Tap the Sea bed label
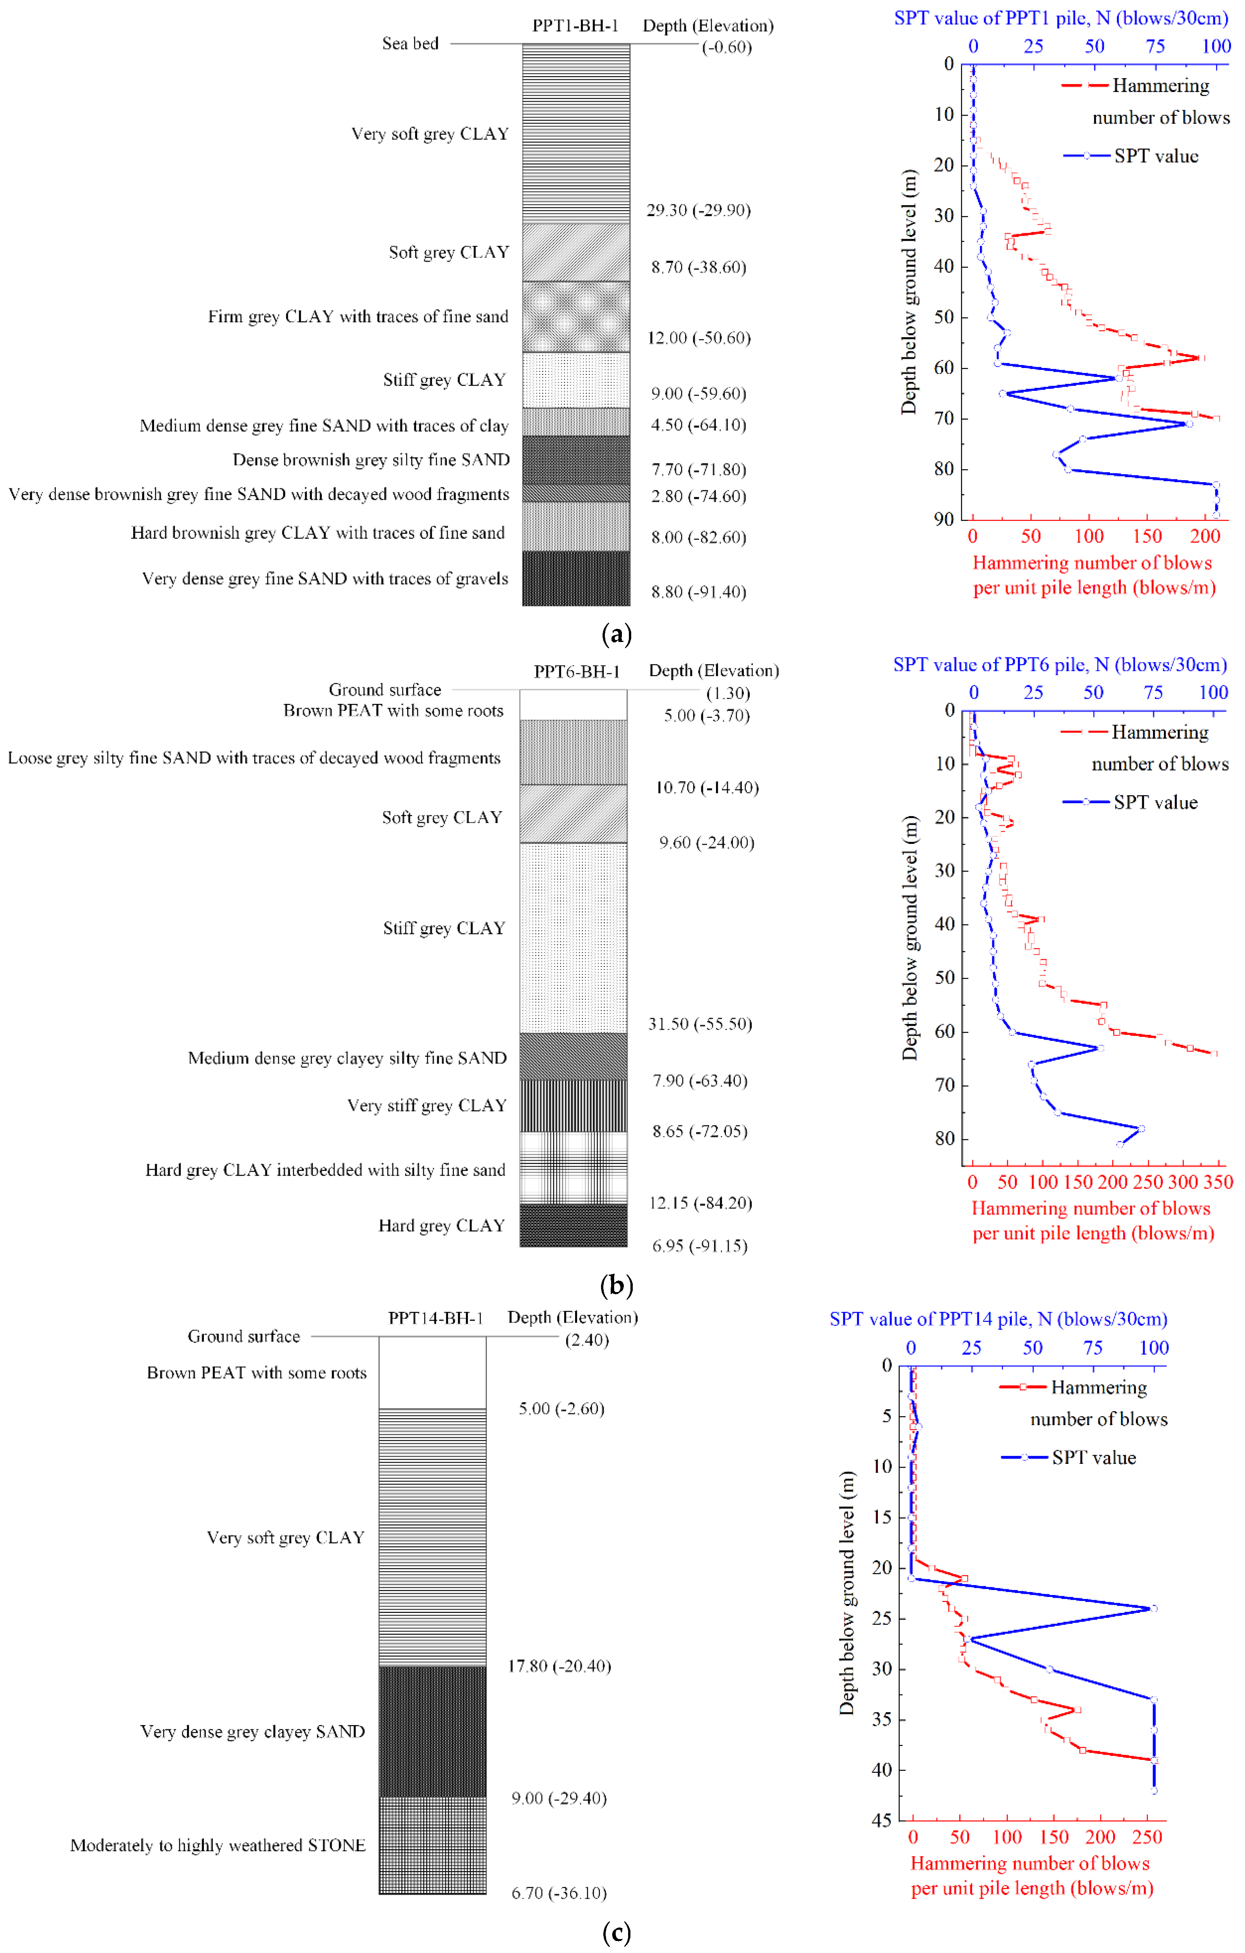pos(410,44)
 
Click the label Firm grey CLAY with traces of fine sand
pos(358,316)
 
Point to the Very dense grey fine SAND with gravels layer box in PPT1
pos(576,578)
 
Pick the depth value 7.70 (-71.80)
pos(698,470)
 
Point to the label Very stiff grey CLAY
pos(426,1106)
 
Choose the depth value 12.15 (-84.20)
pos(700,1203)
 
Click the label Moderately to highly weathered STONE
pos(217,1845)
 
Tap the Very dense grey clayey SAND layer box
pos(432,1732)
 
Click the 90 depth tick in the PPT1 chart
pos(943,519)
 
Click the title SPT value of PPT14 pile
pos(998,1319)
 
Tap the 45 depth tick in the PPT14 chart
pos(882,1820)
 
